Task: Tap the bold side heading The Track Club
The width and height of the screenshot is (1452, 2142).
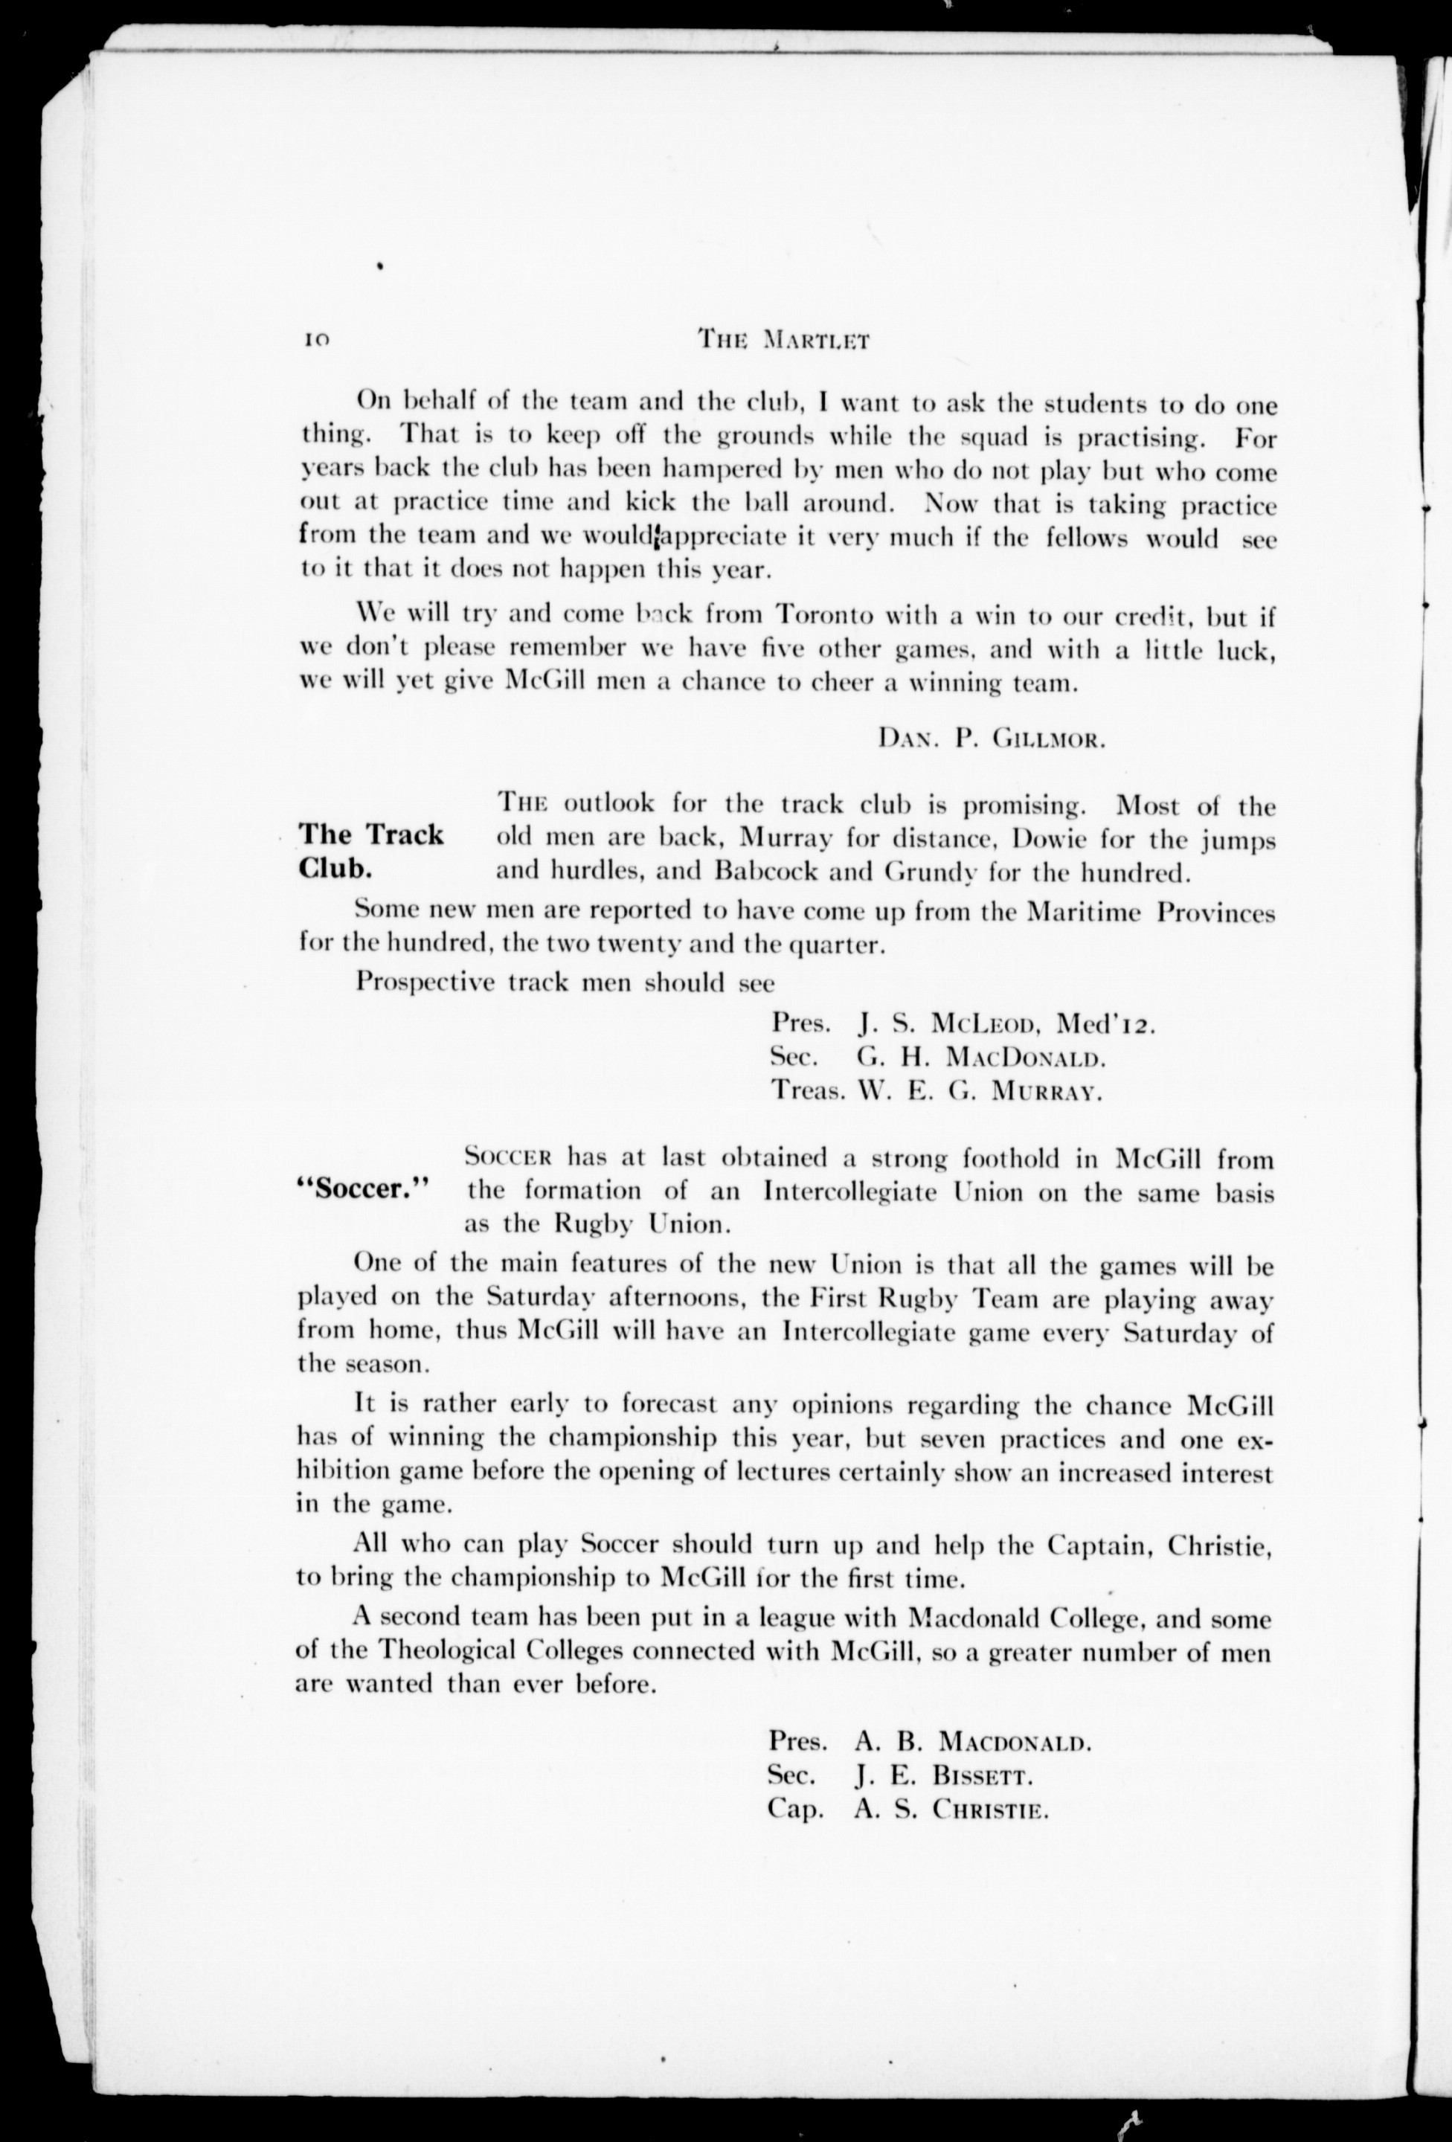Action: tap(370, 851)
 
